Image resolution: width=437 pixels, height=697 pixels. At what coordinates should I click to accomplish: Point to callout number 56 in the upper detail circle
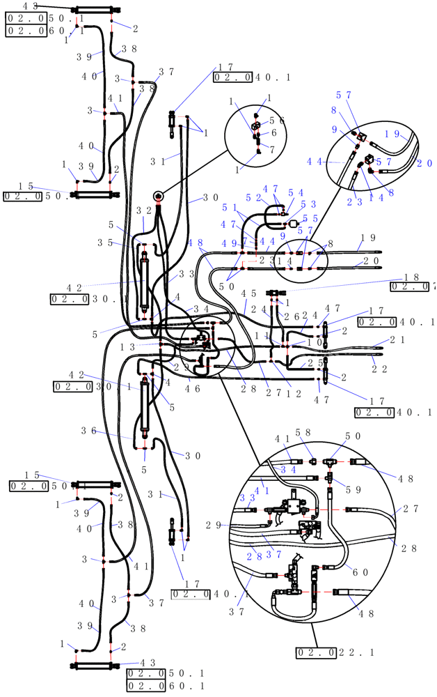click(277, 121)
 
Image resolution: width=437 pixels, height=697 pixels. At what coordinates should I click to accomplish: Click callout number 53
click(309, 204)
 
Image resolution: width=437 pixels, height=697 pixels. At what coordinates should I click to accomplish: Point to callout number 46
click(193, 388)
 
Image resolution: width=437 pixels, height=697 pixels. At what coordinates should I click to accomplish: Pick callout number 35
click(106, 243)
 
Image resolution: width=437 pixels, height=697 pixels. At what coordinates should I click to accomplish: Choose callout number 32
click(144, 210)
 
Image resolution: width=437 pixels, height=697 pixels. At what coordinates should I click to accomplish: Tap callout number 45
click(248, 293)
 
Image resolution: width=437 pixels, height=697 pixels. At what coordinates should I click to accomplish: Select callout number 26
click(290, 316)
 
